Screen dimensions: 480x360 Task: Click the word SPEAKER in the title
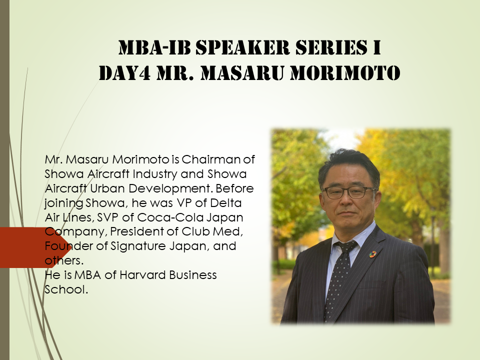tap(242, 48)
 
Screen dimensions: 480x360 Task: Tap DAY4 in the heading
tap(124, 73)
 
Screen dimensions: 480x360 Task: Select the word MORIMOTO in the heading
tap(345, 73)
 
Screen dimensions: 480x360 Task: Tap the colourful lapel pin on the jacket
tap(372, 254)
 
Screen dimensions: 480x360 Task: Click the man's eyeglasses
tap(349, 192)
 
